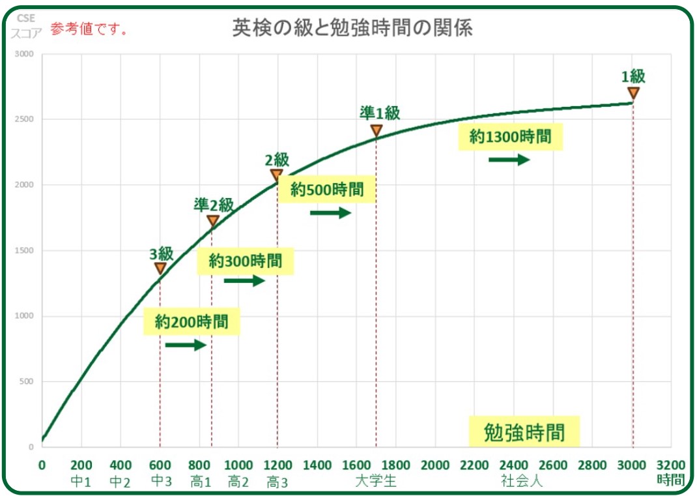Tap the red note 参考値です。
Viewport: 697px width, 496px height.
tap(88, 29)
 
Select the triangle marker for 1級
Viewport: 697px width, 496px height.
tap(633, 93)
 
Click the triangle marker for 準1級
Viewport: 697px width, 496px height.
tap(377, 131)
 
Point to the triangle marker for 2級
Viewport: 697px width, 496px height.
tap(277, 175)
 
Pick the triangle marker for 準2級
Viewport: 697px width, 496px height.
tap(212, 221)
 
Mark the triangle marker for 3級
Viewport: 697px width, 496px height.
tap(160, 269)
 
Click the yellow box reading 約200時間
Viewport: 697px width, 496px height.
tap(192, 321)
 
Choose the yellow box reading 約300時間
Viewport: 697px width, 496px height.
tap(246, 261)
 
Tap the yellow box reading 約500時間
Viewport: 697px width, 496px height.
tap(327, 190)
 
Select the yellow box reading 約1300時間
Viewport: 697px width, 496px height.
tap(510, 137)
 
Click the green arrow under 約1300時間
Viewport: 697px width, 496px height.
tap(509, 160)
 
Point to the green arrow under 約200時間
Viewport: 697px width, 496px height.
tap(186, 345)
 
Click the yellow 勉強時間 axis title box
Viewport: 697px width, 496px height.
tap(524, 433)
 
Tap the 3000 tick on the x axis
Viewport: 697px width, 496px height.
tap(631, 465)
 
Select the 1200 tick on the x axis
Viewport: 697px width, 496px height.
tap(277, 465)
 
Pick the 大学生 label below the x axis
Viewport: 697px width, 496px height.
tap(376, 482)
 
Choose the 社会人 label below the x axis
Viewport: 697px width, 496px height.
tap(522, 482)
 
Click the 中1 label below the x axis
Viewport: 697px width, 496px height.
tap(81, 482)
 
